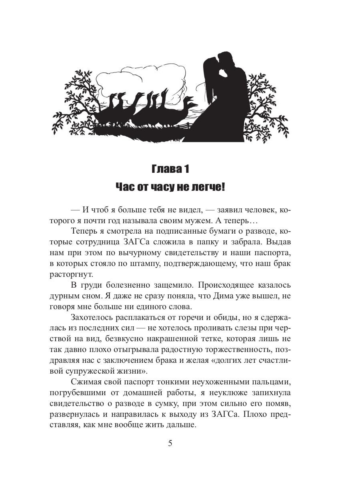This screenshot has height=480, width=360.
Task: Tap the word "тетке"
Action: (221, 339)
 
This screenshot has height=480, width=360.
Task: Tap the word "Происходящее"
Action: (230, 285)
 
